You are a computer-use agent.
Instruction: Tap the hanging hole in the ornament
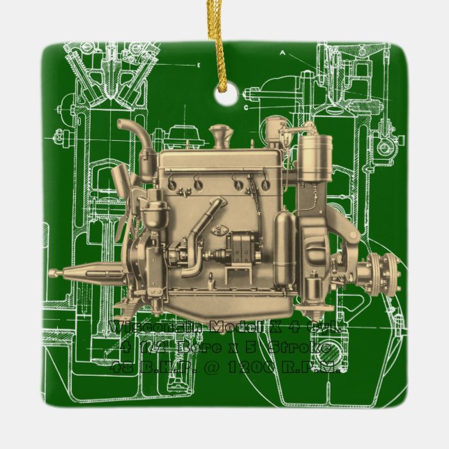224,98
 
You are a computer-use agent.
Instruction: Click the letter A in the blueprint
282,53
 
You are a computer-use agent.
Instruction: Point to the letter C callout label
246,107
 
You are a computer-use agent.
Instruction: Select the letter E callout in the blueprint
200,65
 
